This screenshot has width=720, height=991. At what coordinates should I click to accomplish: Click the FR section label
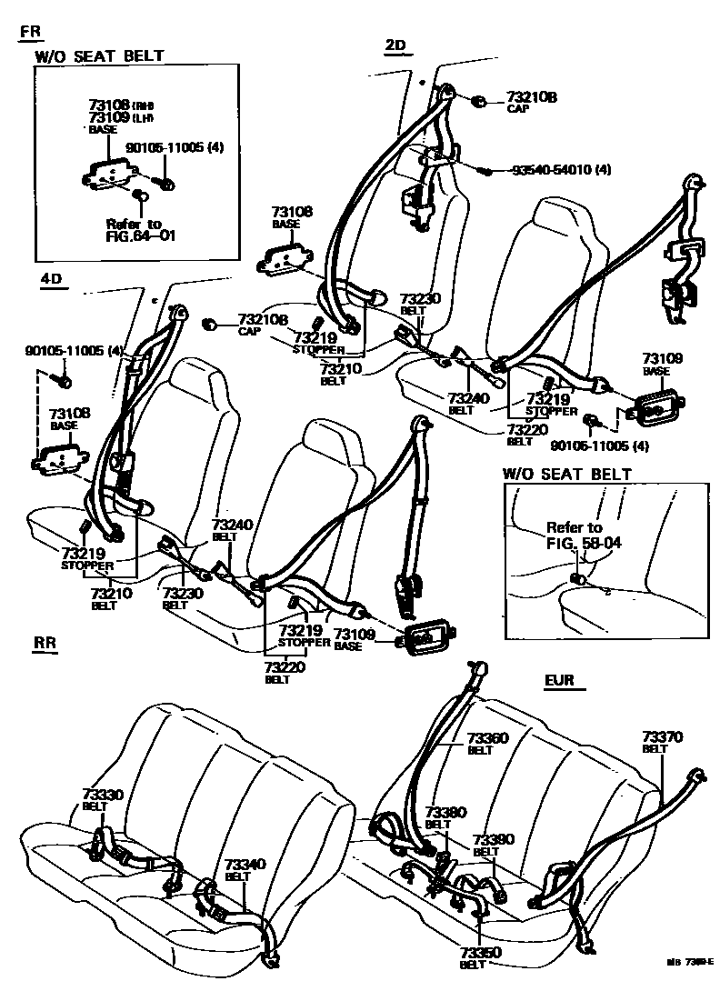tap(30, 32)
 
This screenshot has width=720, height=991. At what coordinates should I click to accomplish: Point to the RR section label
tap(45, 643)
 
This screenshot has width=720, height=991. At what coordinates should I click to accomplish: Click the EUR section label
tap(559, 679)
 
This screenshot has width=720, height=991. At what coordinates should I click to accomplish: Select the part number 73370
tap(661, 736)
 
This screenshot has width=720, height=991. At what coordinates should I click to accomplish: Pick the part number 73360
tap(487, 737)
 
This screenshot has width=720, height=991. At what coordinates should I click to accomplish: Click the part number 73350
tap(470, 952)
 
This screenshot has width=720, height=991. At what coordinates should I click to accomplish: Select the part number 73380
tap(444, 812)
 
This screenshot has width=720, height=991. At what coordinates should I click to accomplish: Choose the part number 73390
tap(491, 841)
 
